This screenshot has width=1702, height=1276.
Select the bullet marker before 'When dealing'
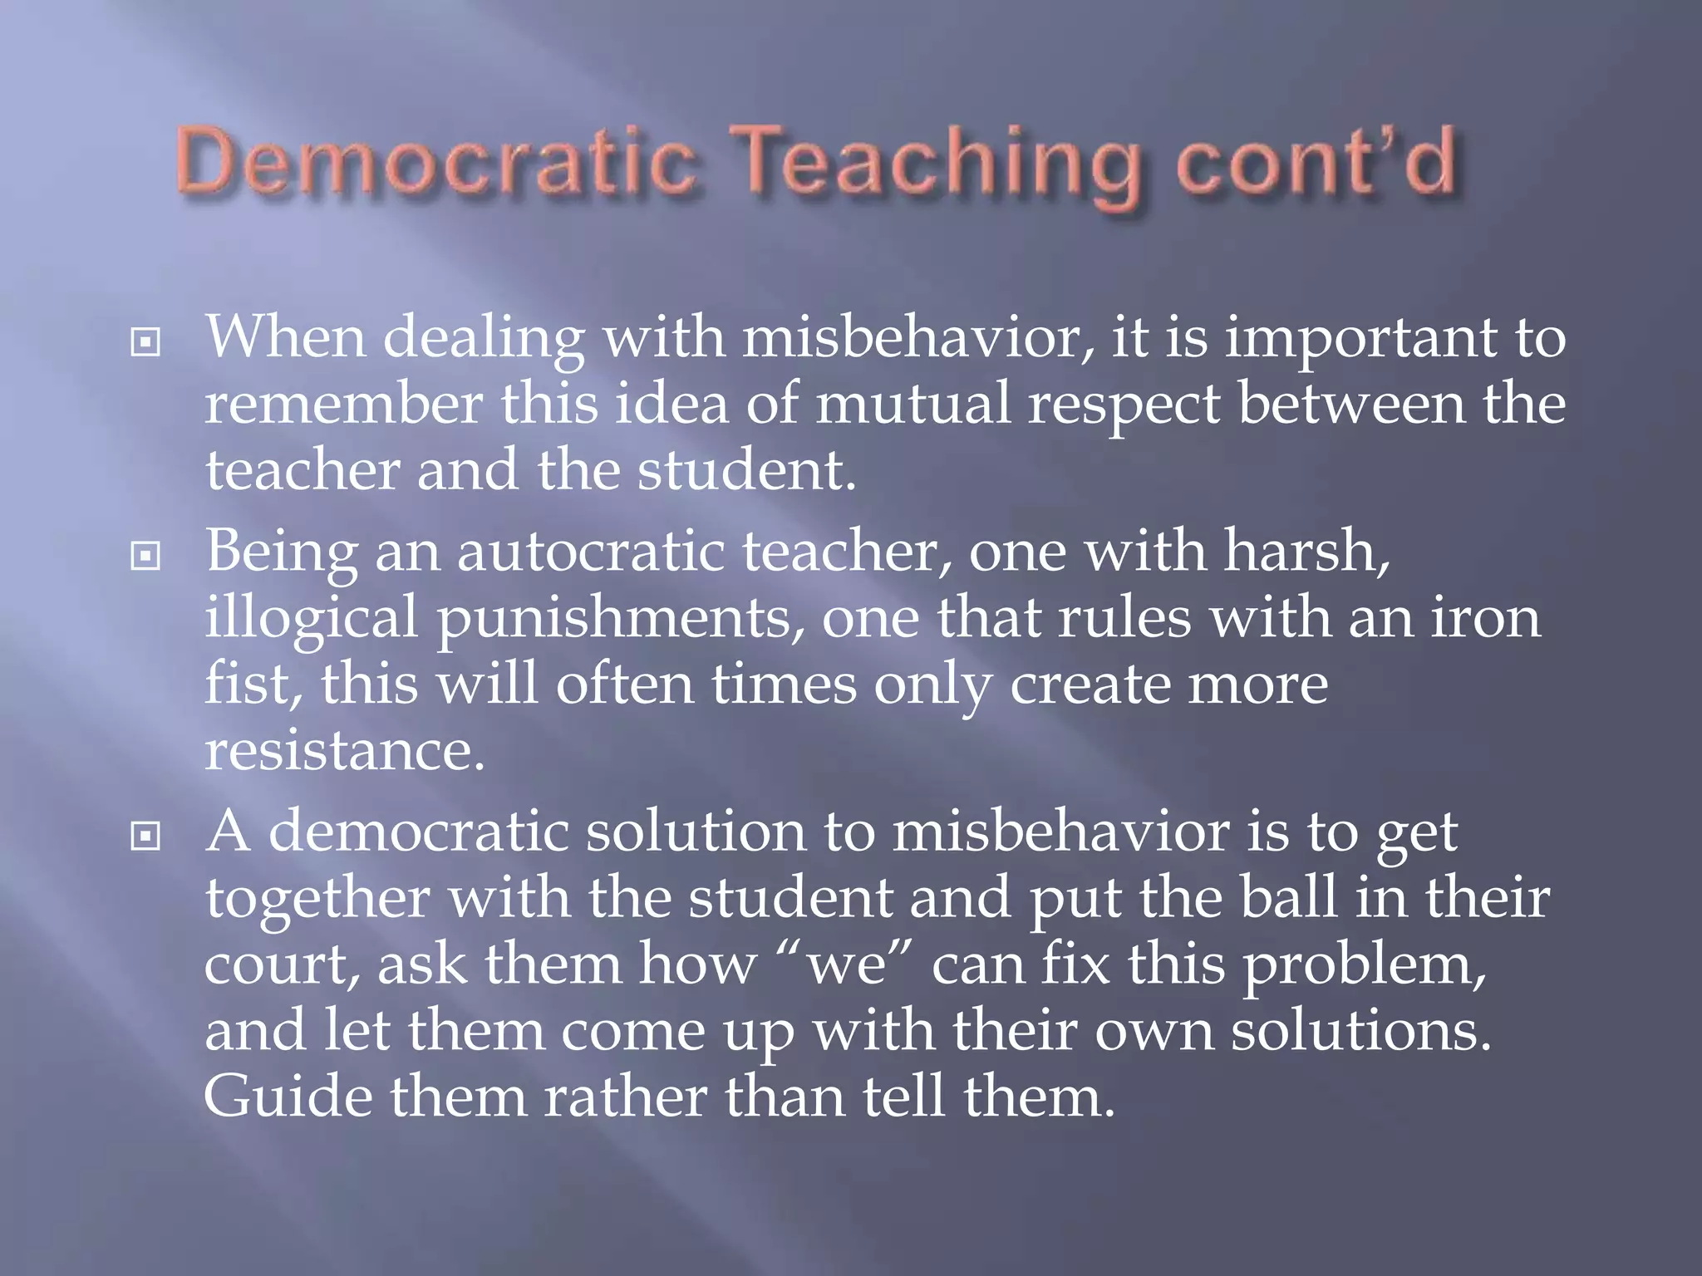pyautogui.click(x=145, y=341)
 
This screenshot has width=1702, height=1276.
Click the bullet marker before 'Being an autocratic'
pyautogui.click(x=145, y=555)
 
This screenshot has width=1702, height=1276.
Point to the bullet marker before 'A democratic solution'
pyautogui.click(x=145, y=836)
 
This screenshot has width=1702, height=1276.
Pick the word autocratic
pyautogui.click(x=591, y=552)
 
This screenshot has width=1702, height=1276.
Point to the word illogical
pyautogui.click(x=311, y=620)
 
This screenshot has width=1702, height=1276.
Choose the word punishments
pyautogui.click(x=620, y=620)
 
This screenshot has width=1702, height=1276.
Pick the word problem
pyautogui.click(x=1364, y=967)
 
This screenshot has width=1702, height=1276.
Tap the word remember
pyautogui.click(x=343, y=405)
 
